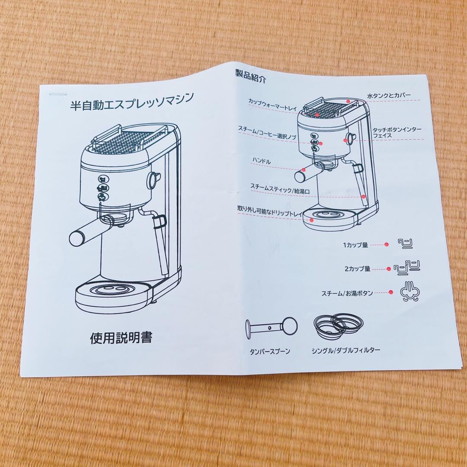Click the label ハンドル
coord(262,161)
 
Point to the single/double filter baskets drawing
coord(336,325)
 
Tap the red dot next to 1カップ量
coord(387,244)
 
